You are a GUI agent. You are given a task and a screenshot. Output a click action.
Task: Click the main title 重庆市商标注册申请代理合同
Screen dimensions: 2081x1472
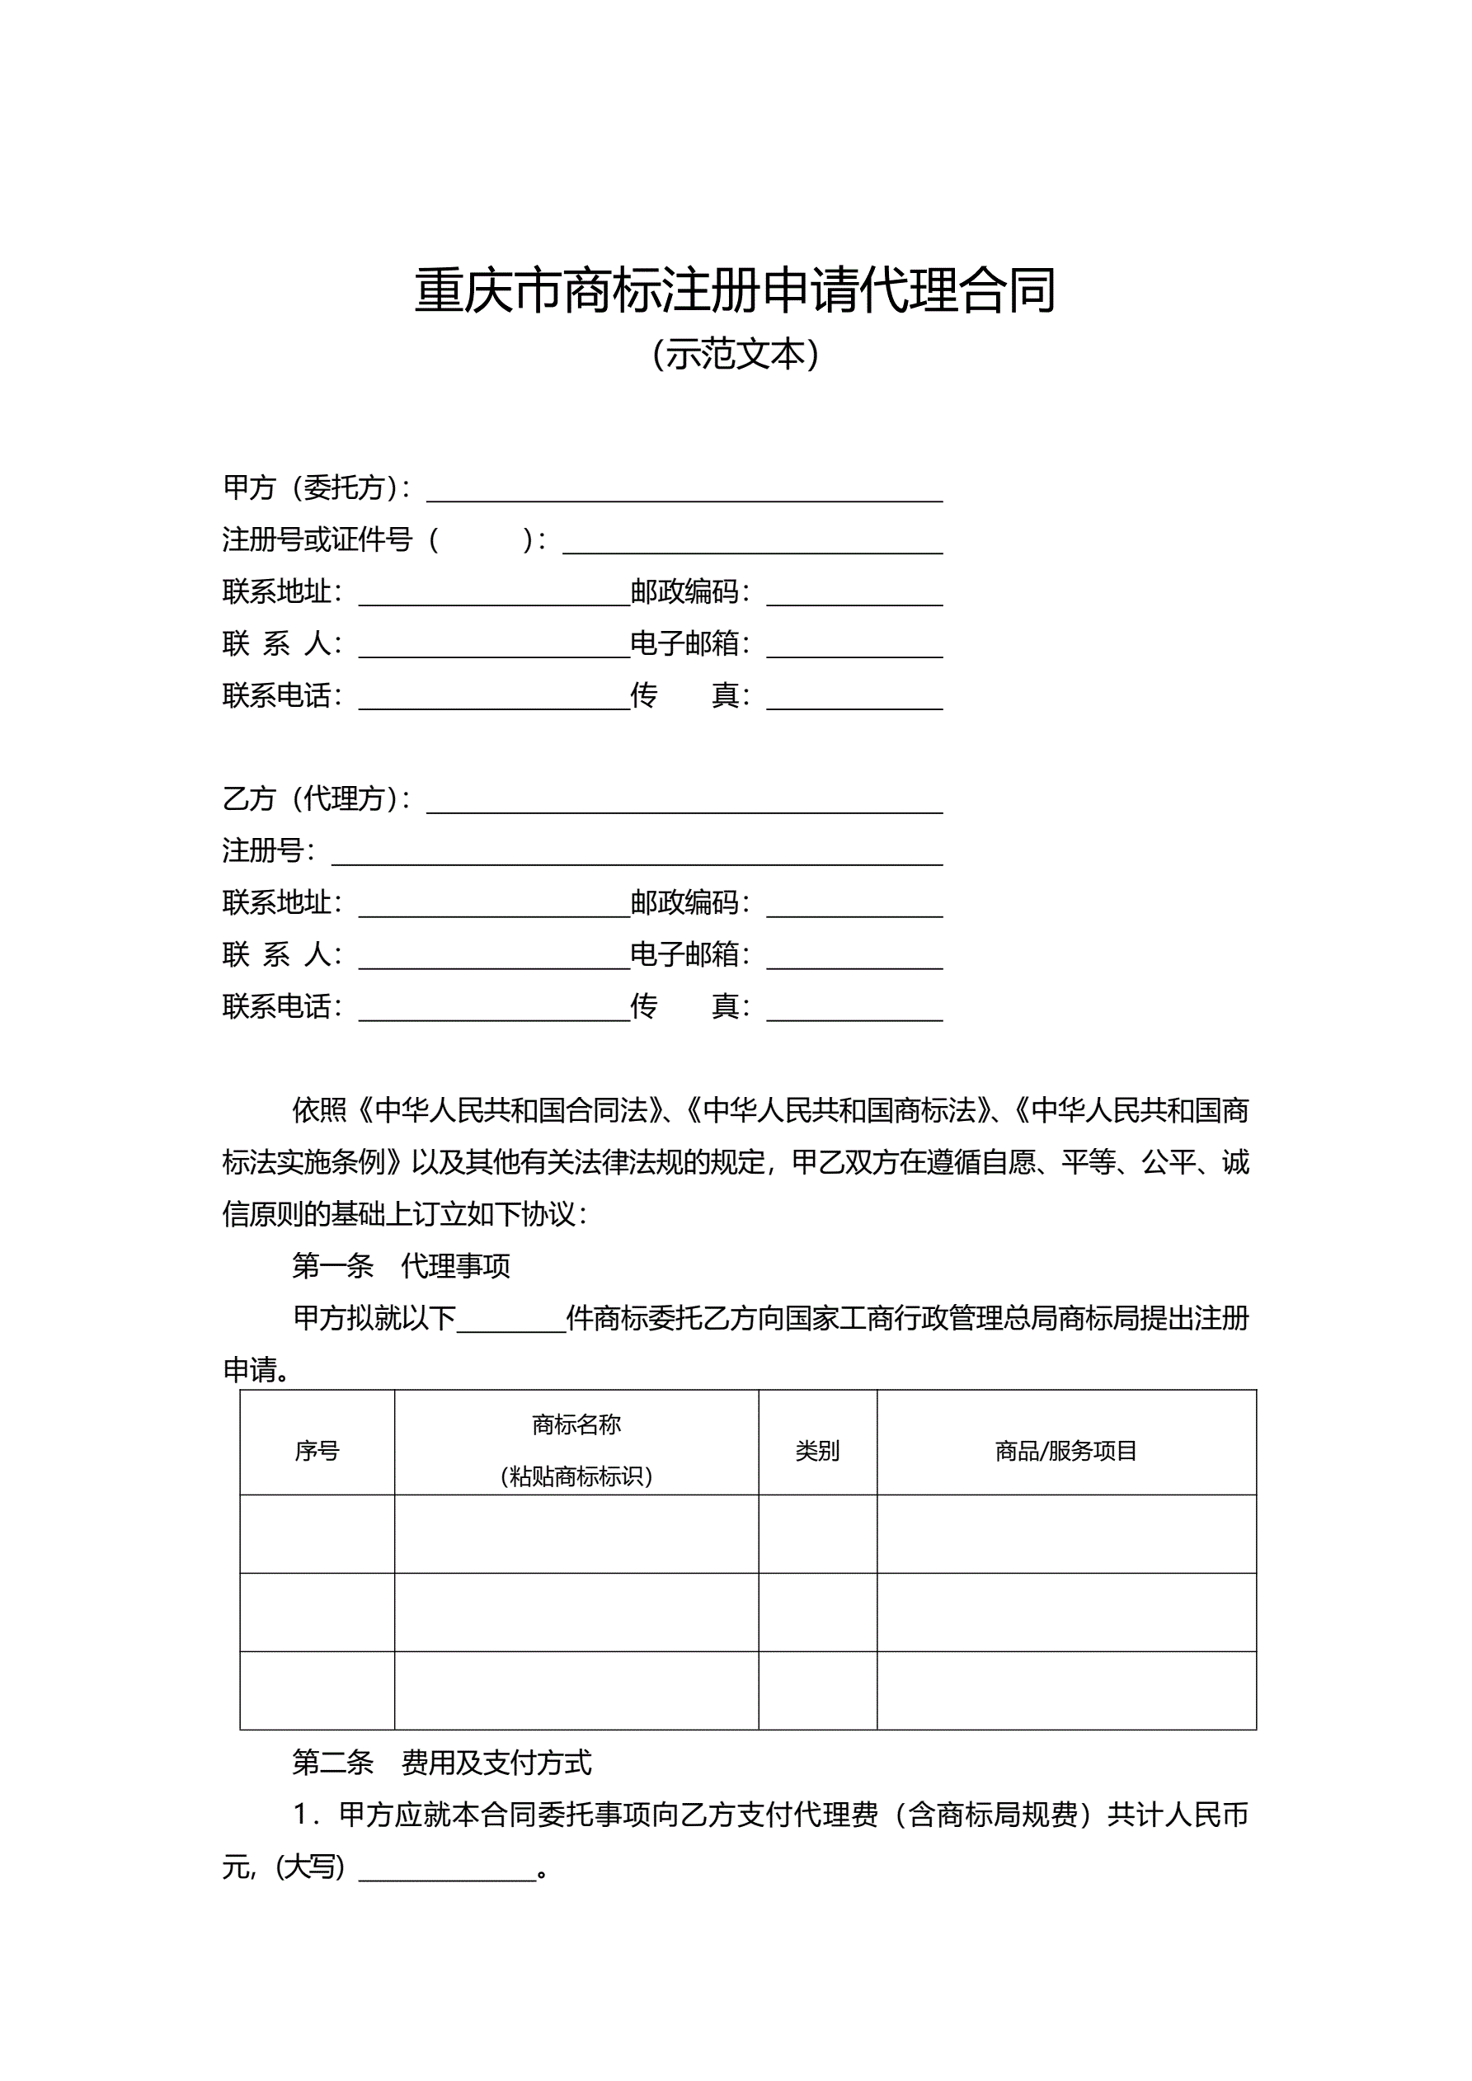coord(735,291)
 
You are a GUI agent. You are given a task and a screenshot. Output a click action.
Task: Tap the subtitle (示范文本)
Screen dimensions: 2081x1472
coord(735,355)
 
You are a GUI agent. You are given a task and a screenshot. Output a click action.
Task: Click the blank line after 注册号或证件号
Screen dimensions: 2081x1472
coord(752,543)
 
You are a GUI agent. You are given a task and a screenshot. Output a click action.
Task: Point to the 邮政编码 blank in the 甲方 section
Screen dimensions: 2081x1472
coord(854,596)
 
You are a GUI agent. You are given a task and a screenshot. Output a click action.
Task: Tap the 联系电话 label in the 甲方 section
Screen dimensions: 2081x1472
coord(281,696)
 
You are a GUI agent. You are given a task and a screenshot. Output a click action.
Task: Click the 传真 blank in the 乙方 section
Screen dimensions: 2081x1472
coord(854,1010)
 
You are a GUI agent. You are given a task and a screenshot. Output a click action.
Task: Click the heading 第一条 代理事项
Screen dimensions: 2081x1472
coord(401,1266)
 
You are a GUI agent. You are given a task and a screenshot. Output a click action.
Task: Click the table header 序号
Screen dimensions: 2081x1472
coord(317,1451)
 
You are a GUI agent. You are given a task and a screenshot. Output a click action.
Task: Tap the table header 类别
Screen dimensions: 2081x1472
coord(816,1451)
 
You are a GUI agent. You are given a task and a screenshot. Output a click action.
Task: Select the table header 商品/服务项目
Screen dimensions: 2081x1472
coord(1066,1451)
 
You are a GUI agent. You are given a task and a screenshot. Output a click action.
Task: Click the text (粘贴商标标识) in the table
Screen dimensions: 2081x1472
coord(576,1476)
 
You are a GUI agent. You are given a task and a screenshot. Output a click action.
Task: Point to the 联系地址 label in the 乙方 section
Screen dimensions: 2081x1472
coord(281,902)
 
